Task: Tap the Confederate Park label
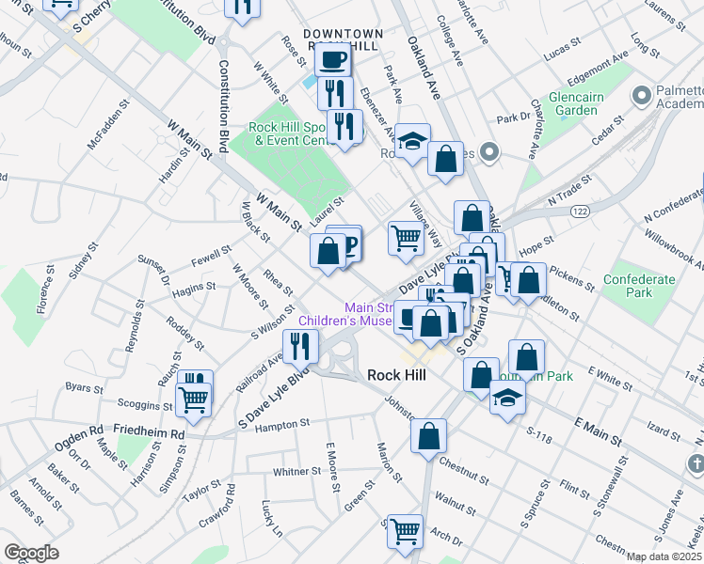pos(640,286)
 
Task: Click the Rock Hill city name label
pos(396,375)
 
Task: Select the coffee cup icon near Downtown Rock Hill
pos(332,61)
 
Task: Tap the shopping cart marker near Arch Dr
pos(405,531)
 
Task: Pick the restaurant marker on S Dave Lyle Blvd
pos(301,348)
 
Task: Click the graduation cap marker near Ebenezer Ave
pos(411,142)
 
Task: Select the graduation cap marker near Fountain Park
pos(507,398)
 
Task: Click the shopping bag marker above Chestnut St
pos(428,437)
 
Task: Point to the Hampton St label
pos(284,425)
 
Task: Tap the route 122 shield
pos(580,212)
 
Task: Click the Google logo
pos(31,553)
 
